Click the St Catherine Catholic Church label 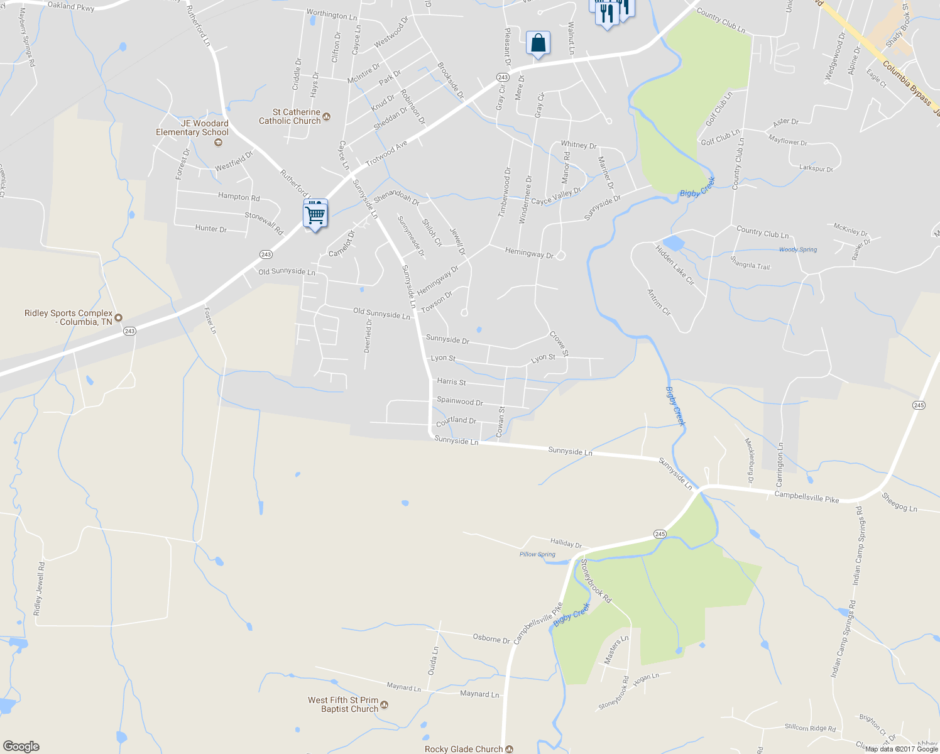[290, 117]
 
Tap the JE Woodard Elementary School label [192, 128]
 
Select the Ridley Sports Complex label [68, 317]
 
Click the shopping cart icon [315, 214]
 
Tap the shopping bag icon [538, 43]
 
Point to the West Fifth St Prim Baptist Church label [343, 704]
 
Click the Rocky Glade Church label [464, 749]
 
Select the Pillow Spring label [537, 554]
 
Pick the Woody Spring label [798, 249]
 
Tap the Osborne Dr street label [491, 638]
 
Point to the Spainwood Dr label [460, 401]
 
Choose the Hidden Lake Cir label [675, 265]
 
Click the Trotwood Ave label [386, 153]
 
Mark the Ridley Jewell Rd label [39, 589]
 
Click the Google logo [21, 746]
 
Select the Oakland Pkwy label [70, 6]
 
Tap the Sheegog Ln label [899, 502]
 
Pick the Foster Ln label [210, 320]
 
